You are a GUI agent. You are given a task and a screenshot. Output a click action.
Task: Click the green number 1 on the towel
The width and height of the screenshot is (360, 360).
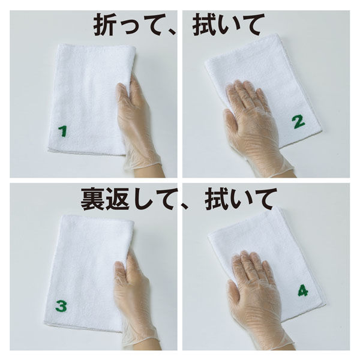pyautogui.click(x=62, y=131)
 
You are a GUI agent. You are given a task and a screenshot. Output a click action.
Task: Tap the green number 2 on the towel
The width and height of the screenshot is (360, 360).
pyautogui.click(x=298, y=122)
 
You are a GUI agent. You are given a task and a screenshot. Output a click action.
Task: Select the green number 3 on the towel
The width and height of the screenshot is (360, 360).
pyautogui.click(x=62, y=307)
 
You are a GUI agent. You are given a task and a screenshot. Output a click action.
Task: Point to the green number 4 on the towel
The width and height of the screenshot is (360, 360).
pyautogui.click(x=302, y=292)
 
